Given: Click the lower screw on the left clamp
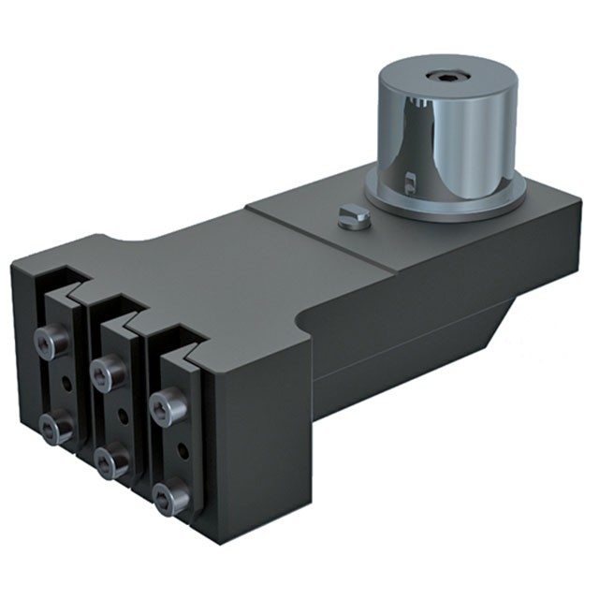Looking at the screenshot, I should point(58,428).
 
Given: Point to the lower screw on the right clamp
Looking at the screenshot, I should point(170,498).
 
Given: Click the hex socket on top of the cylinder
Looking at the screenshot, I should point(442,76).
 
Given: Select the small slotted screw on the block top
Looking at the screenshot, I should point(353,216).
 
